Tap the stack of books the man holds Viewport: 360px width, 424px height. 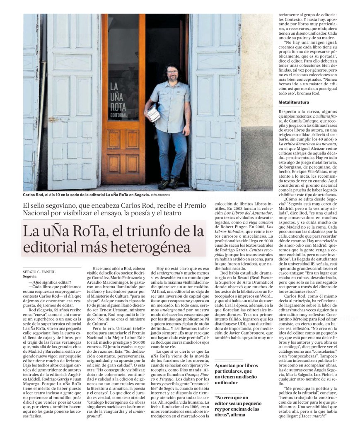point(153,113)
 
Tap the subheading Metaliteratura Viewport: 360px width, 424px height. point(294,101)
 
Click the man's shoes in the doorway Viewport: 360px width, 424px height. point(169,182)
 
